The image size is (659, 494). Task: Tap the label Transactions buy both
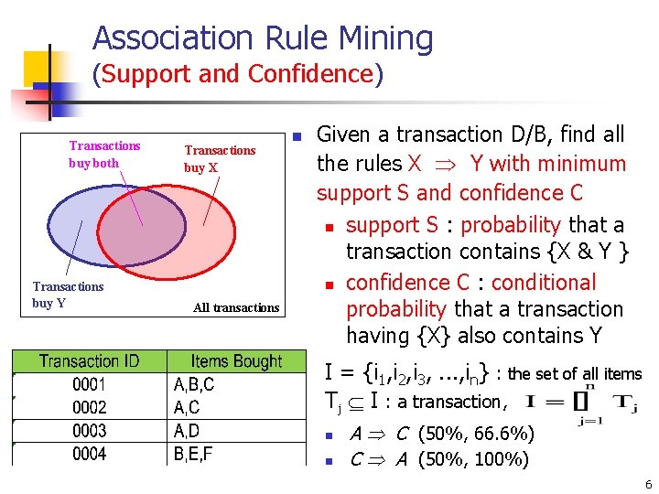[104, 155]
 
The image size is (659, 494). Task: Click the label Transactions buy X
[220, 159]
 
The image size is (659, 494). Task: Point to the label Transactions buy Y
[68, 295]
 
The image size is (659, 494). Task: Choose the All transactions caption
[236, 307]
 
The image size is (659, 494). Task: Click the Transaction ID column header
[89, 362]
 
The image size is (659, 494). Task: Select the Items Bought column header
[236, 362]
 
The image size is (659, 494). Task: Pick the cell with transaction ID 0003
[89, 431]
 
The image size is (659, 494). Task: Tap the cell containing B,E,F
[193, 454]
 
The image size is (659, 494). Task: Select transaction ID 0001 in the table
[89, 385]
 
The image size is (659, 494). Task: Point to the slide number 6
[647, 484]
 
